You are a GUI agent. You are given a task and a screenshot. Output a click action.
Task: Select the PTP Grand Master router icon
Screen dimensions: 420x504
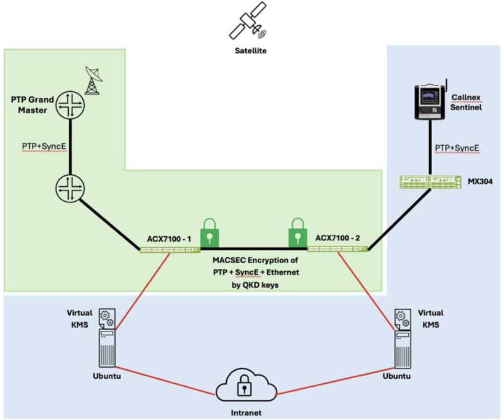coord(69,106)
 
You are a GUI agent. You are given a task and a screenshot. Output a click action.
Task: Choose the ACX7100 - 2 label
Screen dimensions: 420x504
coord(337,237)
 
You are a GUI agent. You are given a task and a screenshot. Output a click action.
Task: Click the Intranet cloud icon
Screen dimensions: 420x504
coord(244,384)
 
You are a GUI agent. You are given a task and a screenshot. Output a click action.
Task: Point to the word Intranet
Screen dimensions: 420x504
coord(245,413)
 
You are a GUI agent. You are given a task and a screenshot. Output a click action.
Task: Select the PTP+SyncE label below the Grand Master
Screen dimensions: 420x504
coord(38,147)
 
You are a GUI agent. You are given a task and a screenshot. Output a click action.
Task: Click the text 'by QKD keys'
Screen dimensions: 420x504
coord(255,285)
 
